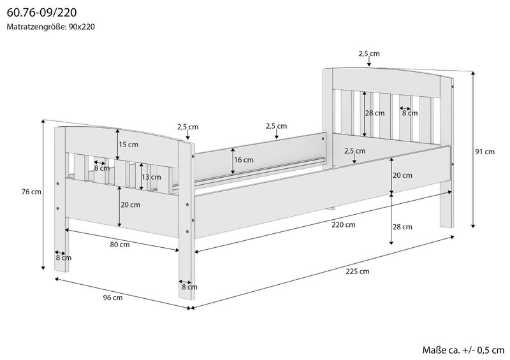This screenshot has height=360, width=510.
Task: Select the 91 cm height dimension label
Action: [x=485, y=152]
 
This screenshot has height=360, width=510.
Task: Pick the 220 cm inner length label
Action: [x=343, y=225]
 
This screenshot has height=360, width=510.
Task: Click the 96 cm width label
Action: [x=113, y=297]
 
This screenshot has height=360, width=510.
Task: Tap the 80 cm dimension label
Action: [x=120, y=245]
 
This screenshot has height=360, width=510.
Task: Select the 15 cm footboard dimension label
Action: [x=129, y=145]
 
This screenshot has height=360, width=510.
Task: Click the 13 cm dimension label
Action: [x=150, y=177]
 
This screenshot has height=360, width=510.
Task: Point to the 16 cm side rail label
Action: [x=244, y=160]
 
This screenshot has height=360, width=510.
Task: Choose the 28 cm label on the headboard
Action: [x=375, y=113]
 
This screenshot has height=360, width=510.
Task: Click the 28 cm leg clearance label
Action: [x=403, y=227]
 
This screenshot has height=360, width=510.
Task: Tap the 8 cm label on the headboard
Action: [x=410, y=113]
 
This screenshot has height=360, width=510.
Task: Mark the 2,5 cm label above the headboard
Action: [x=368, y=54]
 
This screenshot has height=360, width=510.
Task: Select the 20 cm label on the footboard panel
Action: [x=131, y=205]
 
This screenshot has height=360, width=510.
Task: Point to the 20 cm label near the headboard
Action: [x=403, y=175]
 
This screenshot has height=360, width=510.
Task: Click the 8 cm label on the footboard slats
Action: [x=101, y=168]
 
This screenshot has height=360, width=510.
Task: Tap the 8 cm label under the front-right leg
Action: [x=189, y=287]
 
